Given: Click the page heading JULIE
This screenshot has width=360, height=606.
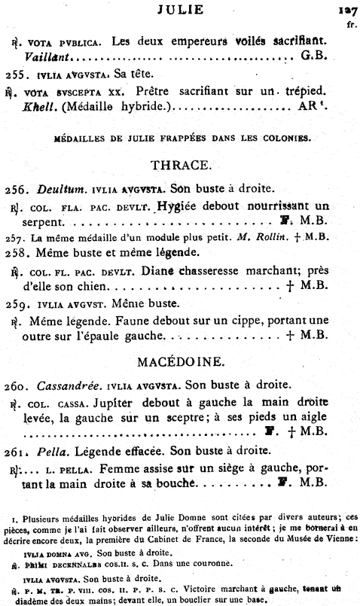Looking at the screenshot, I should (181, 10).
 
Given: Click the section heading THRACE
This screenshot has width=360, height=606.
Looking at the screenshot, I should (181, 164).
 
